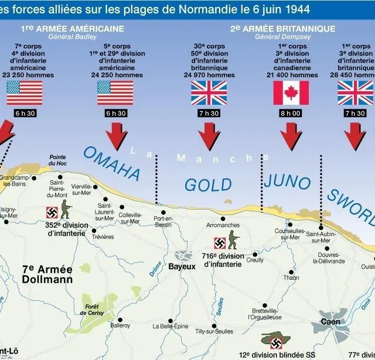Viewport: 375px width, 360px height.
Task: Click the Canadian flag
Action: click(291, 92)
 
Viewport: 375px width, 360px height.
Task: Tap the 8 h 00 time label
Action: click(291, 113)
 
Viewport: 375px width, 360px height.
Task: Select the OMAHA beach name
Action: click(111, 162)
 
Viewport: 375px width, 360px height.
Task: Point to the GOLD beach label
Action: click(208, 185)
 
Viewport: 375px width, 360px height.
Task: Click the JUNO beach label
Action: click(287, 182)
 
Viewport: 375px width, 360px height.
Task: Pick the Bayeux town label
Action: click(182, 266)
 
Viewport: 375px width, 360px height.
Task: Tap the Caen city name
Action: click(330, 321)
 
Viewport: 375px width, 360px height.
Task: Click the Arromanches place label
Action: click(223, 225)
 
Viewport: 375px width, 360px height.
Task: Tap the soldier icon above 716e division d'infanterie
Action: click(234, 241)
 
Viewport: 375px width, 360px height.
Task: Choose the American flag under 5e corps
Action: click(115, 92)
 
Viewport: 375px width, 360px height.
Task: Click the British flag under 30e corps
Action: click(209, 92)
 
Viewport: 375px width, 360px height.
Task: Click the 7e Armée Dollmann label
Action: click(47, 274)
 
